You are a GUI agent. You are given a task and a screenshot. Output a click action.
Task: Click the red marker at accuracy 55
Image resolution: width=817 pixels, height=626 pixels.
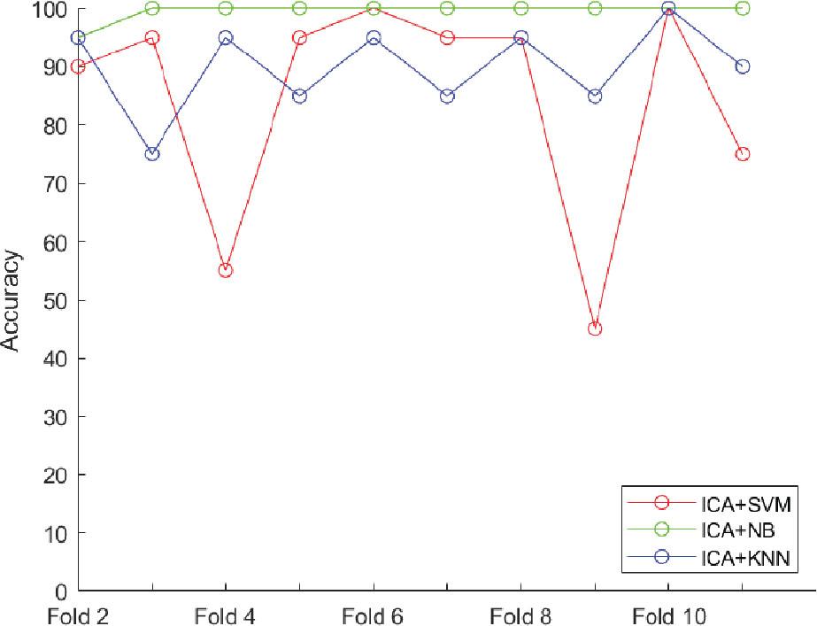(x=226, y=270)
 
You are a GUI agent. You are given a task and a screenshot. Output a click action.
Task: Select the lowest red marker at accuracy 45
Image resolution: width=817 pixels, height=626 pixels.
(x=595, y=328)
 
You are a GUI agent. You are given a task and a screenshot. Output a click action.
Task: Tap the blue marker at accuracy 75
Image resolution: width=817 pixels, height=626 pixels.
(x=152, y=154)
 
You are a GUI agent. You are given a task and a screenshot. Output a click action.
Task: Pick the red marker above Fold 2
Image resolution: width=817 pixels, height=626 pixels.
(x=79, y=66)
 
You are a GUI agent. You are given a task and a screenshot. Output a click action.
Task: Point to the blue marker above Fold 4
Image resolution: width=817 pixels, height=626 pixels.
(x=226, y=38)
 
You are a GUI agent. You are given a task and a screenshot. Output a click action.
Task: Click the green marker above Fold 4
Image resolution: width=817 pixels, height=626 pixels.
(x=226, y=9)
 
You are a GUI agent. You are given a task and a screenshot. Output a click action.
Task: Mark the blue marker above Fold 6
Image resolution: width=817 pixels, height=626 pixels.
(x=374, y=38)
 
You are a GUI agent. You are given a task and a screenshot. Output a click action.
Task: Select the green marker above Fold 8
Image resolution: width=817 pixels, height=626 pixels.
(x=521, y=9)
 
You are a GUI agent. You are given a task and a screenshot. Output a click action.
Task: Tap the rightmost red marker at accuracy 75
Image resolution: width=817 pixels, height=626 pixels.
(x=743, y=154)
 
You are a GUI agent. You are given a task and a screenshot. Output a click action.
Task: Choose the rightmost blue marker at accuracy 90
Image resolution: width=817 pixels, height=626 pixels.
(x=743, y=66)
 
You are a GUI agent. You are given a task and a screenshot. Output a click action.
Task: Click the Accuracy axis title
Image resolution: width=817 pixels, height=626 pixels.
(x=12, y=300)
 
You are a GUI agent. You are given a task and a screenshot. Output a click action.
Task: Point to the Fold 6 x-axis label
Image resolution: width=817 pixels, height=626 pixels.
(x=374, y=614)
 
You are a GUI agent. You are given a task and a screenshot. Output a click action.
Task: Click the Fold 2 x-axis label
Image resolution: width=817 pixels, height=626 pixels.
(x=79, y=614)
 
